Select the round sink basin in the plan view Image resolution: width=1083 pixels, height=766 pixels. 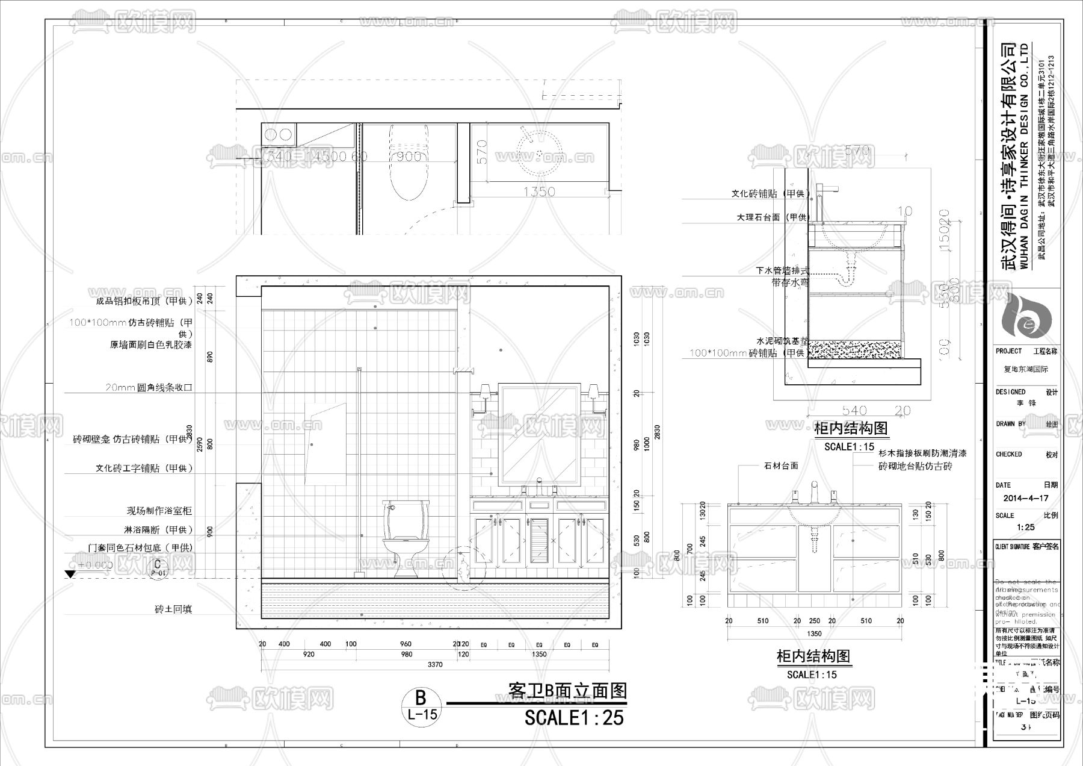click(x=539, y=151)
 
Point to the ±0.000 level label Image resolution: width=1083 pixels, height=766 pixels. click(x=96, y=565)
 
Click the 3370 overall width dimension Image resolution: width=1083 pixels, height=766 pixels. click(x=434, y=665)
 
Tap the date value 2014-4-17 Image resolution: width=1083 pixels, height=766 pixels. click(x=1026, y=499)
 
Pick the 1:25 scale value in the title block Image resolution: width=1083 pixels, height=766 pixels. click(x=1026, y=528)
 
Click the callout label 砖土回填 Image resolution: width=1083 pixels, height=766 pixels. click(x=173, y=609)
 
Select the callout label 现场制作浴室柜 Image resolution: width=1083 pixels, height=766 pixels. click(x=159, y=511)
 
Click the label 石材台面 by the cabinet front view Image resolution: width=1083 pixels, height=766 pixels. click(x=781, y=466)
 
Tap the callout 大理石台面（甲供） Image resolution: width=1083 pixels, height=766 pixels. click(x=773, y=217)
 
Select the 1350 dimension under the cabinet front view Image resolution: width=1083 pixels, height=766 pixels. click(x=813, y=634)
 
